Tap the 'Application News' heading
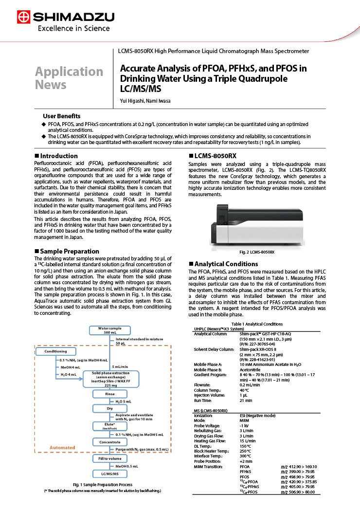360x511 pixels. [69, 78]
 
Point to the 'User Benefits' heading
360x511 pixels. [62, 116]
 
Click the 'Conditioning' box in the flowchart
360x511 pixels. [55, 351]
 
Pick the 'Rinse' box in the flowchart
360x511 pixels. [110, 394]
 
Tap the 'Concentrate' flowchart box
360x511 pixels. [110, 442]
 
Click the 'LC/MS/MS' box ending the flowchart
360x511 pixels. [110, 473]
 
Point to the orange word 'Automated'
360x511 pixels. [63, 447]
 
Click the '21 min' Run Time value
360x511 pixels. [246, 400]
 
